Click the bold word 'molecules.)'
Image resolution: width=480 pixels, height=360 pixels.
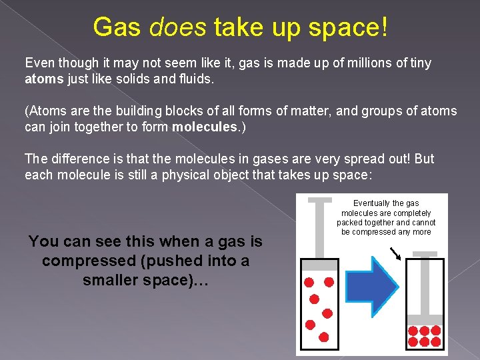(x=209, y=126)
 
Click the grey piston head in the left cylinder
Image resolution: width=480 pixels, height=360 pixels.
(x=319, y=265)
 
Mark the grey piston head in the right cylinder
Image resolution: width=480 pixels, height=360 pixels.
(x=425, y=319)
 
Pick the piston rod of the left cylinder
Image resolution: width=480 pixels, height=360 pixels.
(x=319, y=227)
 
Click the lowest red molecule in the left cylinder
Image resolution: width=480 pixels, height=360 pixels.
(x=324, y=337)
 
